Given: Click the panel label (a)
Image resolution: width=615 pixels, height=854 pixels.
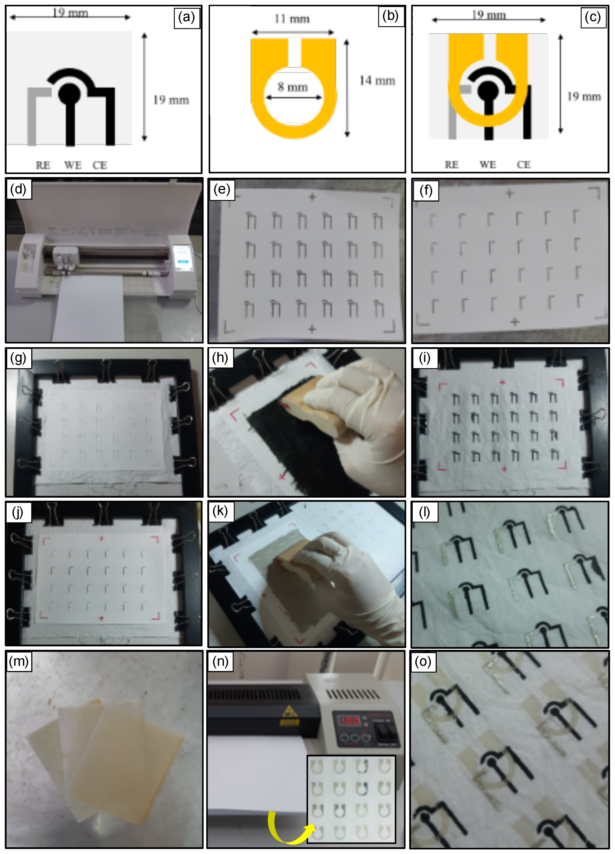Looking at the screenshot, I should [x=187, y=17].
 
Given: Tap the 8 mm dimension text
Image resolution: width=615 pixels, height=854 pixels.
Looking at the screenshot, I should [x=292, y=87].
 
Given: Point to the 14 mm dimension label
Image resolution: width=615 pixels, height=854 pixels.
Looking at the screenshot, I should [x=377, y=81].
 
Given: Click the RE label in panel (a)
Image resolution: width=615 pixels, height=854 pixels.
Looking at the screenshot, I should [x=43, y=165].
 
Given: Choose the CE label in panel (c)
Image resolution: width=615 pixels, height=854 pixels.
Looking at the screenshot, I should [x=524, y=165].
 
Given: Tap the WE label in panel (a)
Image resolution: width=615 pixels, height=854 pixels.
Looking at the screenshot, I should [x=73, y=165].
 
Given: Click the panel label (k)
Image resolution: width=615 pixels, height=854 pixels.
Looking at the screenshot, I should [x=220, y=511].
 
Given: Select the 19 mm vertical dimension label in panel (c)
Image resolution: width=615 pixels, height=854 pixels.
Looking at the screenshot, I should [x=584, y=97].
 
